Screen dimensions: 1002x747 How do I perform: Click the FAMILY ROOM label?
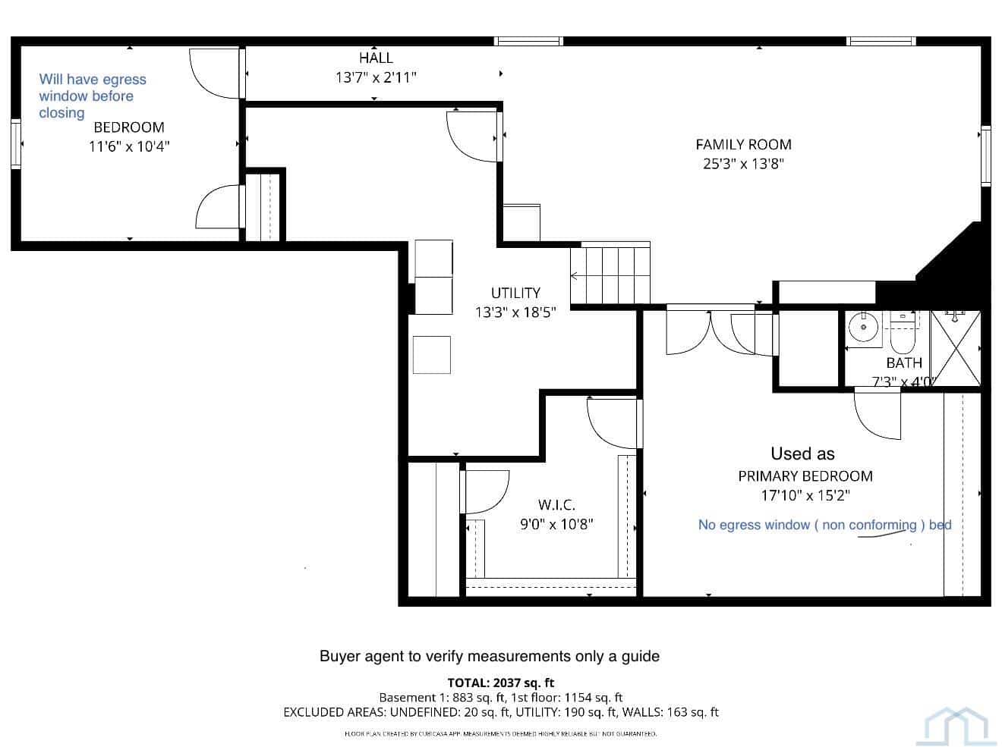(743, 145)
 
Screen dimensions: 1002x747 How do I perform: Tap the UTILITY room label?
(515, 293)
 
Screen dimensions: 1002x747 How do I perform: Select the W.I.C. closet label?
(556, 505)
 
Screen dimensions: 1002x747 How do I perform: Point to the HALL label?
(376, 58)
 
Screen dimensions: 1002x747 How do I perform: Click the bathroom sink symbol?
(863, 328)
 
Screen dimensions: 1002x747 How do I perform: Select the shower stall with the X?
(956, 348)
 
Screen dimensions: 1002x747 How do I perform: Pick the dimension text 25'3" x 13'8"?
(743, 164)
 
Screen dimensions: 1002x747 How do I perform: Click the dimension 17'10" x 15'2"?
(805, 495)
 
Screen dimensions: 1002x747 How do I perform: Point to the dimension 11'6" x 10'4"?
(129, 146)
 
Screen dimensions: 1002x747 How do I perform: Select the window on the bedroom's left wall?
(16, 143)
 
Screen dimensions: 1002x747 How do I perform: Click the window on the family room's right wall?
(985, 155)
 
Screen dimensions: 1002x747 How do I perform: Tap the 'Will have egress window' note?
(93, 96)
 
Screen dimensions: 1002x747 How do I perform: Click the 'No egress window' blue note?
(825, 525)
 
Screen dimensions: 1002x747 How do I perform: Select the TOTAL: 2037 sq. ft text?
(501, 683)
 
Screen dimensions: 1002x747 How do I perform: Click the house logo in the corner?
(956, 727)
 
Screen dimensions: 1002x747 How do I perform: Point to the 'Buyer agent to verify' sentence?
(490, 656)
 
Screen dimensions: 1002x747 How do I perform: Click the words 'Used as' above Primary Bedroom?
(802, 454)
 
